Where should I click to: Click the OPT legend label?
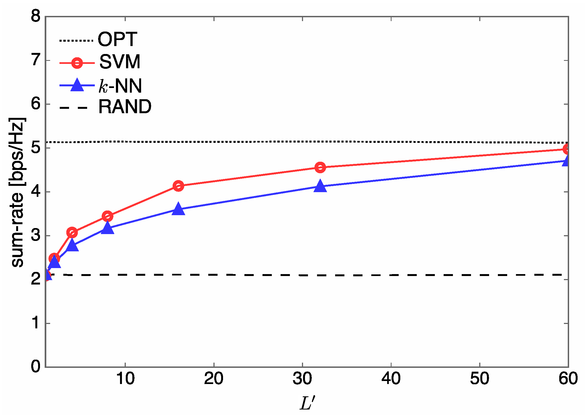pos(117,39)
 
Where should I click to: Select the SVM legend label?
pos(120,62)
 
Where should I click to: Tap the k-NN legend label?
pos(120,86)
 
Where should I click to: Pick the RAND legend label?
pos(125,107)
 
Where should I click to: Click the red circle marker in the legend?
pos(77,63)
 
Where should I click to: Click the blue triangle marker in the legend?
pos(77,85)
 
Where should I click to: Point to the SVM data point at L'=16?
pos(178,186)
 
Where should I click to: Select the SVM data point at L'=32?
pos(320,167)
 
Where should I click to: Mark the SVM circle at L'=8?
pos(107,216)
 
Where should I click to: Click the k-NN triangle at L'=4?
pos(72,245)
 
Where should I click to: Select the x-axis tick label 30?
pos(302,379)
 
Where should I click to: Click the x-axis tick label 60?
pos(568,379)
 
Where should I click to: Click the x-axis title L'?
pos(307,403)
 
